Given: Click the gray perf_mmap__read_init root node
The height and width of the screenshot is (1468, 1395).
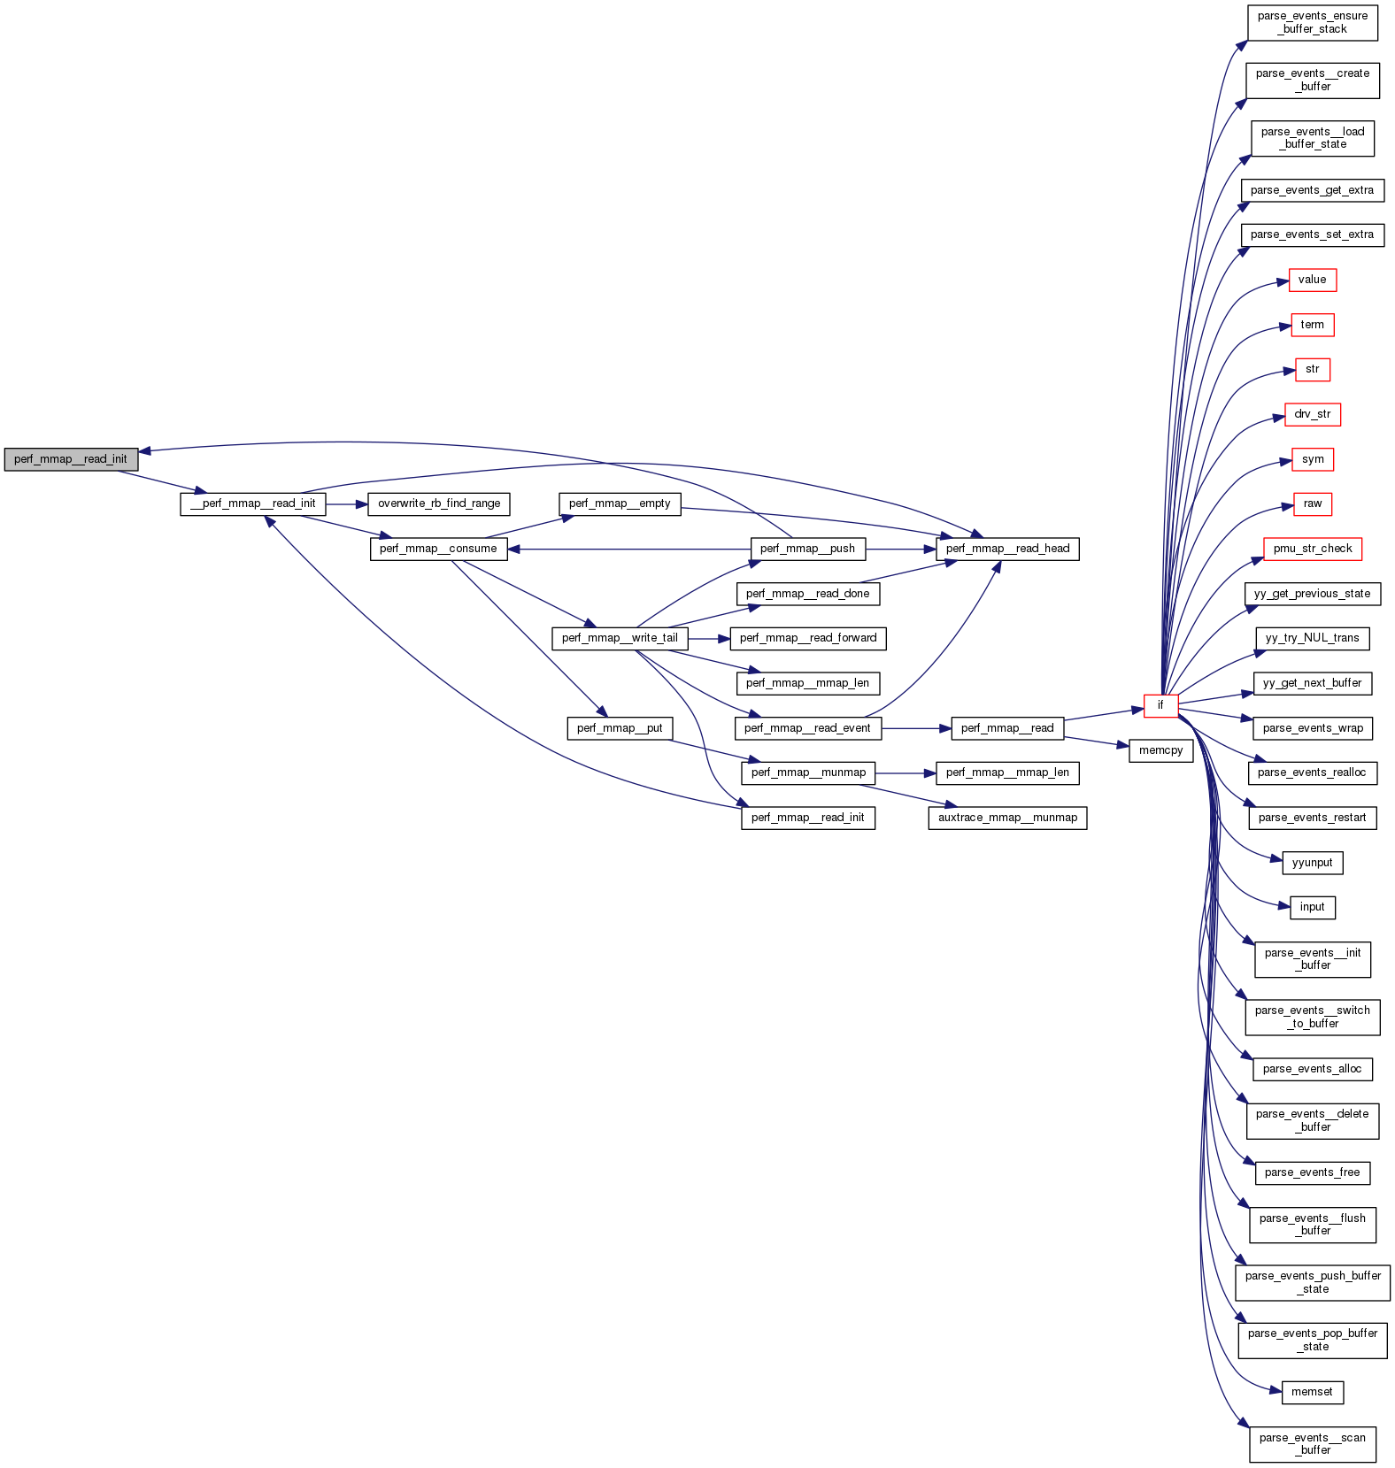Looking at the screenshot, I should point(71,459).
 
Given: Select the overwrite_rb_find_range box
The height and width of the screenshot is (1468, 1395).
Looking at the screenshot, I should point(439,503).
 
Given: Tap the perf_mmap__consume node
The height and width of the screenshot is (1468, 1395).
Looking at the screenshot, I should point(438,549).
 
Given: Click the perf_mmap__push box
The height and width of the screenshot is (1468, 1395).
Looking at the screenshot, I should point(807,549).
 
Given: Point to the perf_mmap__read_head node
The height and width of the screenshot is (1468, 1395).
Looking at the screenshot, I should point(1007,549).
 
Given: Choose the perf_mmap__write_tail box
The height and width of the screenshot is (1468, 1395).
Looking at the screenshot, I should point(620,638).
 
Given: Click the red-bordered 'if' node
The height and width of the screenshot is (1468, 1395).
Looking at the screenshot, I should point(1160,705).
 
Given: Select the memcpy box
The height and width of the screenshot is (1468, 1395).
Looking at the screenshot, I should point(1160,750).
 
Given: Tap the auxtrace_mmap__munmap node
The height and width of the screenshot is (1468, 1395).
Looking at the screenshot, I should point(1007,818).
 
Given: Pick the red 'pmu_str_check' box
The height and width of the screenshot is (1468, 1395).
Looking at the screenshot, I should point(1312,549).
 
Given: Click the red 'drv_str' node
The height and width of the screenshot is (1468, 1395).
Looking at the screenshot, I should point(1312,414).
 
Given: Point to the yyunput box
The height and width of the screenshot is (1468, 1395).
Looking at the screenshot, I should point(1312,863).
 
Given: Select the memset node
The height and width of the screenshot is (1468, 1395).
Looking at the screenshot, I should point(1312,1392).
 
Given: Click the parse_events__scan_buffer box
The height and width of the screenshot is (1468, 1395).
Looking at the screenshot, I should point(1312,1444).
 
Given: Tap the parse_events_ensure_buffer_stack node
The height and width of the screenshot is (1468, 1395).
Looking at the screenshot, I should point(1312,22).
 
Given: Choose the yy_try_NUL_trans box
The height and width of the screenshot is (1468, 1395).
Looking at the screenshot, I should point(1312,638).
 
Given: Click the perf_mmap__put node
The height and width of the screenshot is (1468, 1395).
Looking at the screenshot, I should point(620,728).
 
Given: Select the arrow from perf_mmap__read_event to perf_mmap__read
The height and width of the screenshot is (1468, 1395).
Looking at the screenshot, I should point(916,728).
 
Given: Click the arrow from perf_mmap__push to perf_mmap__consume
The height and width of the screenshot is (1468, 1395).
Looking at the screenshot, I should point(628,549).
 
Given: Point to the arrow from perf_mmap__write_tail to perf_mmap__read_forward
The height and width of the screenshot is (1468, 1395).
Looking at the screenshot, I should point(709,638).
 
